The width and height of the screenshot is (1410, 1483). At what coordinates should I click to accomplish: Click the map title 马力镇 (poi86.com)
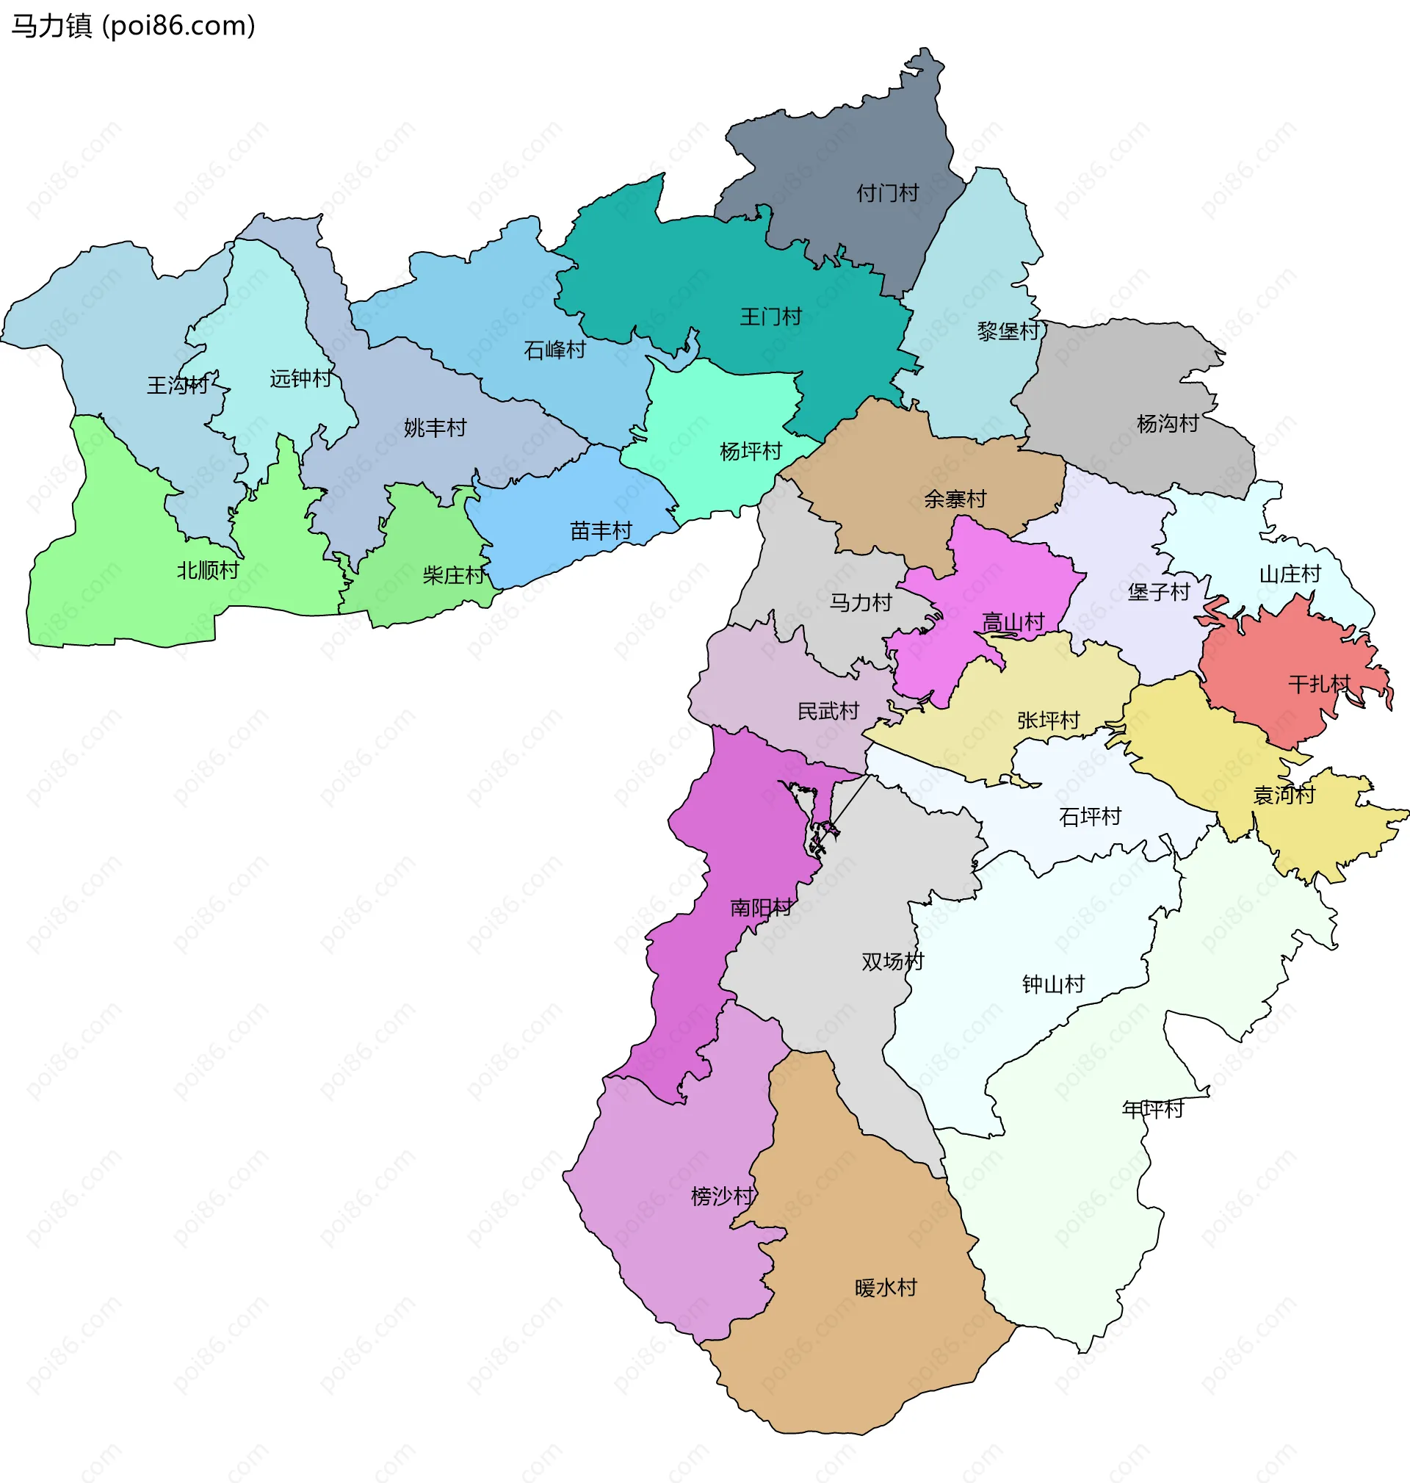coord(134,26)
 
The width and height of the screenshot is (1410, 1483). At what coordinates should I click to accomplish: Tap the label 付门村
coord(888,193)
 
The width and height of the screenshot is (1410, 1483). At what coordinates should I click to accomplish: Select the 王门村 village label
coord(770,317)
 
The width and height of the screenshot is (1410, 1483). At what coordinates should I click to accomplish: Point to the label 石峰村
coord(554,350)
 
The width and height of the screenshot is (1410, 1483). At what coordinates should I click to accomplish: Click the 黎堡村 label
coord(1008,331)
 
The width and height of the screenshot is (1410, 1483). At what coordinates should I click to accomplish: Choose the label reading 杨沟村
coord(1167,424)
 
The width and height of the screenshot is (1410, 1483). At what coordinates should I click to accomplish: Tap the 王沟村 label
coord(178,386)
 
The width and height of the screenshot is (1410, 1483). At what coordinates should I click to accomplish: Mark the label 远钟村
coord(300,379)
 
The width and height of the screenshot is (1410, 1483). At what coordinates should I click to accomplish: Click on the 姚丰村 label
coord(435,428)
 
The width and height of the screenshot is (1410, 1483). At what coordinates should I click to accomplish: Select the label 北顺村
coord(208,571)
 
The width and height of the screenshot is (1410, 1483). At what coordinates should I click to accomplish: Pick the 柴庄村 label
coord(454,576)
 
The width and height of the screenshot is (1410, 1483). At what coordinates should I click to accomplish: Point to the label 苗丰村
coord(601,531)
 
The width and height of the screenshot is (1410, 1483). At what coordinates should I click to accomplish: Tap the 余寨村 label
coord(955,499)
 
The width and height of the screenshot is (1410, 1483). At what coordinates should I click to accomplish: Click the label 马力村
coord(861,603)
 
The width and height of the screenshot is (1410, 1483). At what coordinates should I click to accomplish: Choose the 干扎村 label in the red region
coord(1320,684)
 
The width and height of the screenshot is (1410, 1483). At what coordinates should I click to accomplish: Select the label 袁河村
coord(1284,795)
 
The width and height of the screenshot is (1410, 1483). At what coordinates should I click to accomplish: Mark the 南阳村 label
coord(762,908)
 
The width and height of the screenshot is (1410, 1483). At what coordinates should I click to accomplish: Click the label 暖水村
coord(886,1288)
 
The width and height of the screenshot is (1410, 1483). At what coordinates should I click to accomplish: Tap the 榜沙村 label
coord(723,1196)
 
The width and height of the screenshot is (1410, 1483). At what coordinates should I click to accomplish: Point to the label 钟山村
coord(1054,985)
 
